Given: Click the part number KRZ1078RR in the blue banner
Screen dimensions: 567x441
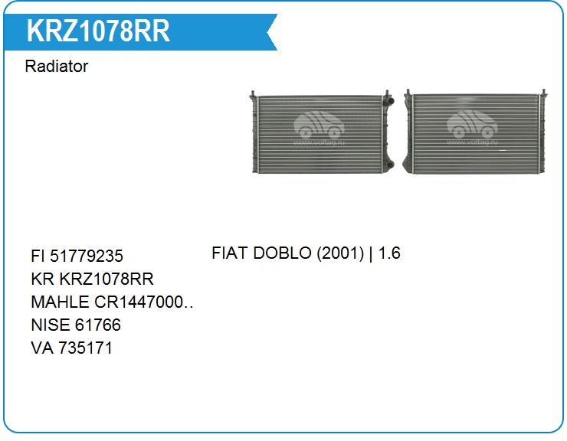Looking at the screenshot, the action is [x=98, y=31].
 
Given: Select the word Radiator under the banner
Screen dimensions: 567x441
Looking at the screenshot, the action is [x=57, y=66].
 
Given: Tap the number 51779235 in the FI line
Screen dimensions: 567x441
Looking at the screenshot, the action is [x=87, y=256].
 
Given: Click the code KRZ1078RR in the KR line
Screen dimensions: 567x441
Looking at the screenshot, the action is [x=107, y=279].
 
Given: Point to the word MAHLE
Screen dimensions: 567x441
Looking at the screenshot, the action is [x=60, y=302].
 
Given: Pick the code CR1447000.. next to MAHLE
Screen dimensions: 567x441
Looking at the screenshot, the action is [x=143, y=302].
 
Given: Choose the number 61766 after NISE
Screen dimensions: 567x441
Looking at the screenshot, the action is [x=98, y=325].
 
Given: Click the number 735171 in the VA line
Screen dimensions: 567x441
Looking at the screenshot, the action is [x=85, y=348].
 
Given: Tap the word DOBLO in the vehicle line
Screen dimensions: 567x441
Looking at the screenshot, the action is [x=282, y=253].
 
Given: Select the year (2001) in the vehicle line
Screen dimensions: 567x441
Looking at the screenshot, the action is [x=340, y=253].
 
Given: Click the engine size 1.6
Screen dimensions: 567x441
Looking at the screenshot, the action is [x=389, y=253].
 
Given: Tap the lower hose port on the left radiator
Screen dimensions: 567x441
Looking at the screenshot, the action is [x=388, y=165].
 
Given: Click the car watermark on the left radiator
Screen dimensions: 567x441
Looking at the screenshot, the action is [x=319, y=125].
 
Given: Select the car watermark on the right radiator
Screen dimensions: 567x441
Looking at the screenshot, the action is [x=472, y=124].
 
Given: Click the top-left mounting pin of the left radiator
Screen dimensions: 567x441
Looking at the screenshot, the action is [x=253, y=96].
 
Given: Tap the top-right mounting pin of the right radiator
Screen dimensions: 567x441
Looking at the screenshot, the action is [x=543, y=93].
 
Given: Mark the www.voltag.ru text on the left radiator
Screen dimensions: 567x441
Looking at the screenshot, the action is [x=319, y=142].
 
